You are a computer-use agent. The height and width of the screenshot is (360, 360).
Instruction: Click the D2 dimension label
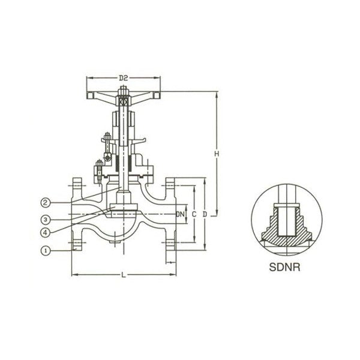tap(123, 78)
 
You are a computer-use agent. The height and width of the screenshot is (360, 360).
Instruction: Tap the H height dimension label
tap(217, 154)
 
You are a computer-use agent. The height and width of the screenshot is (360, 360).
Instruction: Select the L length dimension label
tap(124, 275)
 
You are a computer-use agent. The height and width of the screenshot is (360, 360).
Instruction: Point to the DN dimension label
tap(181, 214)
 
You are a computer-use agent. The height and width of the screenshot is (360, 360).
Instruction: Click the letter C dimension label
tap(194, 214)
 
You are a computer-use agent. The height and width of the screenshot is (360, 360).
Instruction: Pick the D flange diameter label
tap(205, 214)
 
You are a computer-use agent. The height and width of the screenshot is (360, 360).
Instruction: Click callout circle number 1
tap(46, 250)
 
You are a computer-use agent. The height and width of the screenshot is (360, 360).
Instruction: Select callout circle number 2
tap(46, 203)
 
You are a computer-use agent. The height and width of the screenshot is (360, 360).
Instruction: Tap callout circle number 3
tap(46, 220)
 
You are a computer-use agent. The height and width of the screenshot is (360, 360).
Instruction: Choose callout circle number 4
tap(46, 233)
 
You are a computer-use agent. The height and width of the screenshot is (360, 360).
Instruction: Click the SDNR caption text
tap(284, 267)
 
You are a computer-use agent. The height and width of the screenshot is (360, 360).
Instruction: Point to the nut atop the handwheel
tap(123, 89)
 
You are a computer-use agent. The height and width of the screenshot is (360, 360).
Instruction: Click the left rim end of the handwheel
tap(89, 95)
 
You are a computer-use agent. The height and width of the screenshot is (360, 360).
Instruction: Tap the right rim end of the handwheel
tap(157, 95)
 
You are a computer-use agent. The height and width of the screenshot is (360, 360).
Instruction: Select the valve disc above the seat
tap(124, 207)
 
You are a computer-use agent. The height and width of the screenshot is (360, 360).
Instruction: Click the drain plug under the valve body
tap(115, 242)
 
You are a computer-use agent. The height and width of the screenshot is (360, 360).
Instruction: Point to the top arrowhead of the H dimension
tap(217, 94)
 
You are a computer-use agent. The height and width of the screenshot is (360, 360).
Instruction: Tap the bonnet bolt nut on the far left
tap(99, 163)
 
